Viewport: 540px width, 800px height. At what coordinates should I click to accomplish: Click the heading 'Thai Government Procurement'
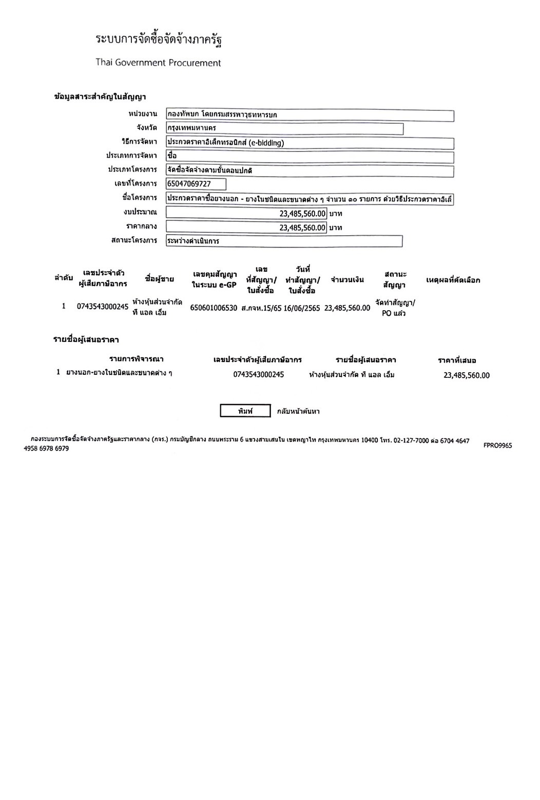158,63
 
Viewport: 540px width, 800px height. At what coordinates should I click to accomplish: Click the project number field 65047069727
196,184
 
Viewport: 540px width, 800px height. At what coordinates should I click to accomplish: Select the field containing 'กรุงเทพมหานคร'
284,128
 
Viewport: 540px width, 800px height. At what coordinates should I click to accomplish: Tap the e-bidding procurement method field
310,143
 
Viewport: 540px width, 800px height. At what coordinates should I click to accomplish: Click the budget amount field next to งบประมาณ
246,213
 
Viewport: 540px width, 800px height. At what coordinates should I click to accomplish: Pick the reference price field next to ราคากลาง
246,227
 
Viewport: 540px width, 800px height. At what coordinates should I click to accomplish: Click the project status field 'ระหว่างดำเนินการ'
284,241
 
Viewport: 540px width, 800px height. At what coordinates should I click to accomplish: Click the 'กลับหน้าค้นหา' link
298,411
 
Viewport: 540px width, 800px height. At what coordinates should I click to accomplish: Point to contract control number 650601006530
214,308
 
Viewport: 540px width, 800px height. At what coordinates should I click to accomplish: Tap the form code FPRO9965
497,446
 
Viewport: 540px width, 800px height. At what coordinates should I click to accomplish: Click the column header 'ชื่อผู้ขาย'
160,279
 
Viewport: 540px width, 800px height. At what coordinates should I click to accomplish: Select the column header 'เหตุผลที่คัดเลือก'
453,280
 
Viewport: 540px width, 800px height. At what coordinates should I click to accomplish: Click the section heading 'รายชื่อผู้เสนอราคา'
86,339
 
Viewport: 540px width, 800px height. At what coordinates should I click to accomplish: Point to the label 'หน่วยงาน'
143,114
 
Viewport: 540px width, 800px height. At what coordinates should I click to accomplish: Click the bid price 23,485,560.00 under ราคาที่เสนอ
466,375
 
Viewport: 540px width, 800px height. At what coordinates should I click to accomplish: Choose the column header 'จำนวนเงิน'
348,280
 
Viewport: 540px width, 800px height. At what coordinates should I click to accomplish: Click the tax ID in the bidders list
258,375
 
